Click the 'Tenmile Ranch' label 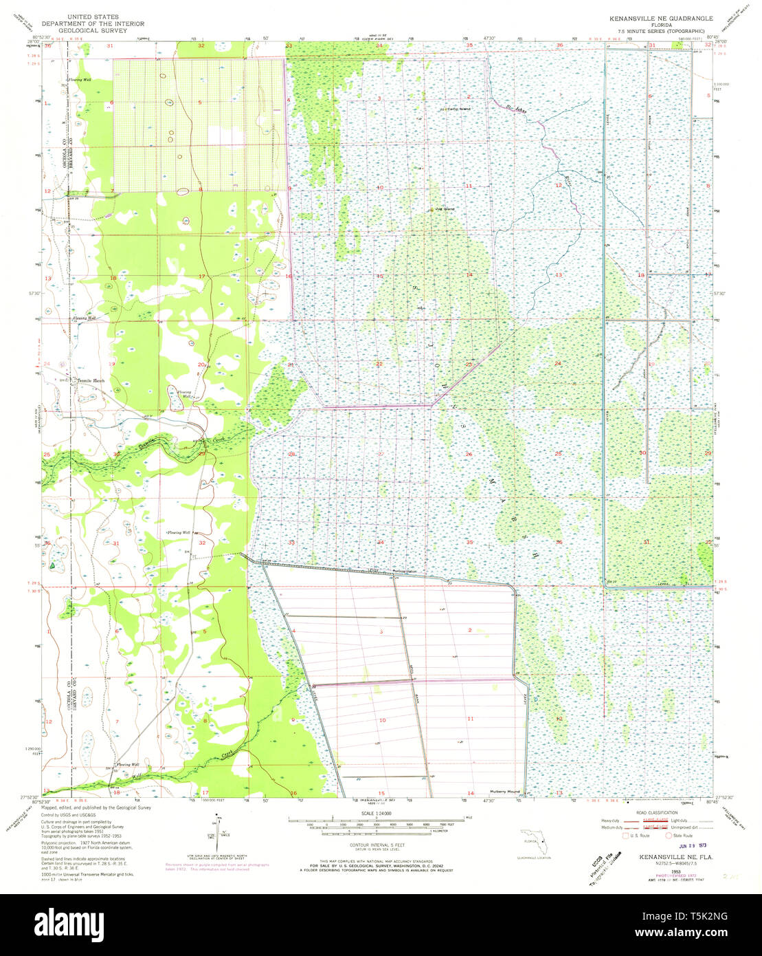pyautogui.click(x=88, y=380)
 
